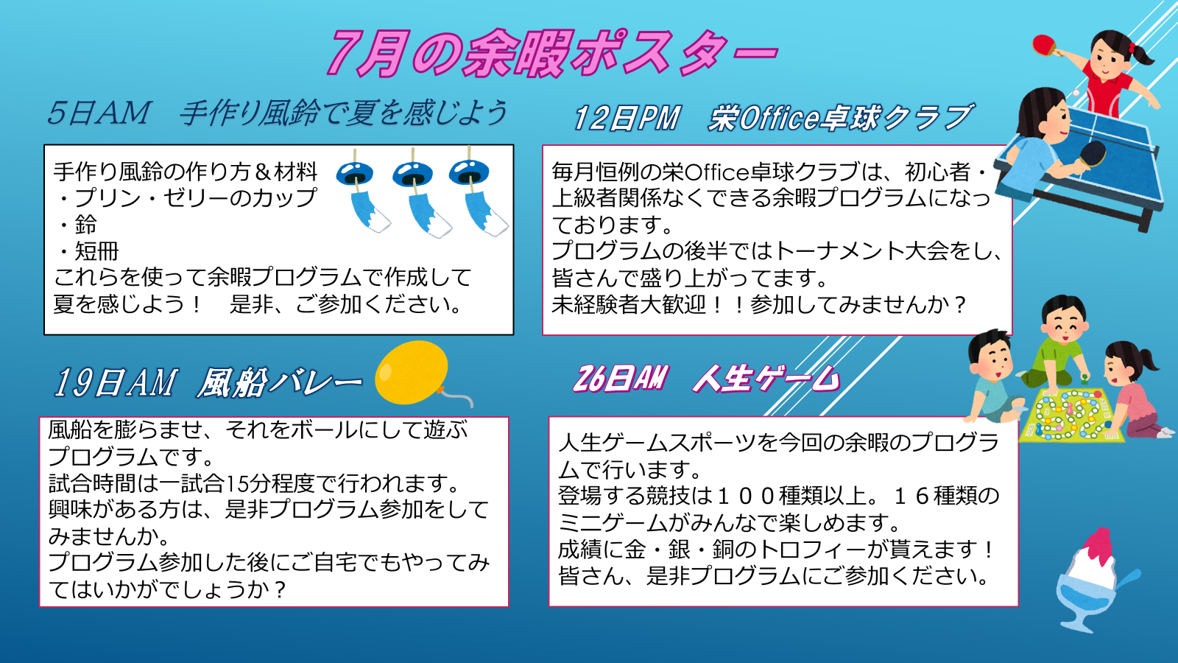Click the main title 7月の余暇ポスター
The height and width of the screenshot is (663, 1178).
552,52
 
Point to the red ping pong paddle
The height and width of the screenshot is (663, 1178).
1045,46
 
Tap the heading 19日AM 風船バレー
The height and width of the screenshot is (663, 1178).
208,382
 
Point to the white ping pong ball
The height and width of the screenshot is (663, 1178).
1076,93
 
